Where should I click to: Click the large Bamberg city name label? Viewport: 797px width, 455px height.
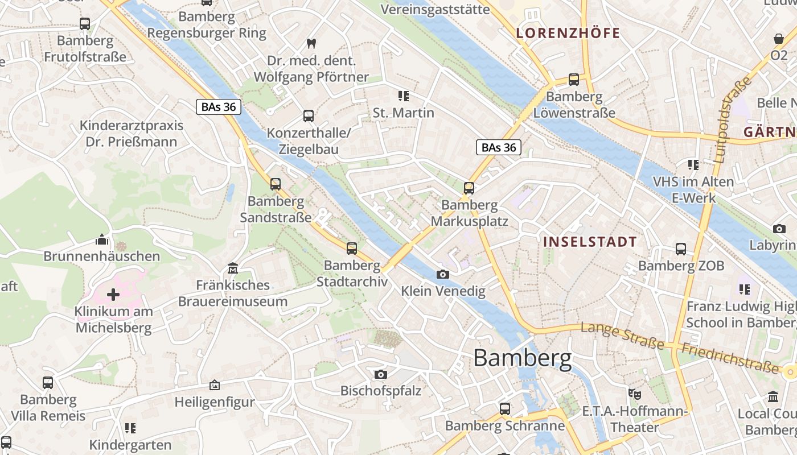coord(522,358)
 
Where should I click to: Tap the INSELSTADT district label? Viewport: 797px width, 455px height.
coord(590,242)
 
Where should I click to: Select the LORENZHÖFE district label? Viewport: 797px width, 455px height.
coord(568,33)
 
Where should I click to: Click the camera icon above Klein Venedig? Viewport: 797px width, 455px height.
coord(442,275)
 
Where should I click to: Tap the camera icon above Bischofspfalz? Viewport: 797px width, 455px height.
coord(381,374)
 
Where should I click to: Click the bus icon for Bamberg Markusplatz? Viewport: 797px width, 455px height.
coord(469,188)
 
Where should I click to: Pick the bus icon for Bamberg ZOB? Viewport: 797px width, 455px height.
coord(681,249)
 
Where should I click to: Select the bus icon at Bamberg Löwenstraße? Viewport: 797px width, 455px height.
coord(574,80)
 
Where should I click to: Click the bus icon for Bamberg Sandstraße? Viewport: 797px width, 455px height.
coord(276,184)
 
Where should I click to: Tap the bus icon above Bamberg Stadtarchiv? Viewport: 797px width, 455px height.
coord(352,249)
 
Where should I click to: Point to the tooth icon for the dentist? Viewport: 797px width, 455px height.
coord(311,43)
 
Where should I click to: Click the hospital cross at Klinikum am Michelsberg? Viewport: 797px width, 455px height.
coord(113,295)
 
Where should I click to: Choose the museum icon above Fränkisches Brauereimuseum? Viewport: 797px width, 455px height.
coord(233,268)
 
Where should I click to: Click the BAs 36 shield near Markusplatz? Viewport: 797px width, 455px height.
coord(499,148)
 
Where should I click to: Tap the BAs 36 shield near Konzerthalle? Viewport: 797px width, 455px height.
coord(219,106)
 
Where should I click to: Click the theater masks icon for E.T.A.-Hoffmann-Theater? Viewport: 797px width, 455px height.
coord(634,393)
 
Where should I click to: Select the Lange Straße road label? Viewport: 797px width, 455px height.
coord(622,336)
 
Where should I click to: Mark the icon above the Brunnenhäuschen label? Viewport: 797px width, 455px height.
coord(102,239)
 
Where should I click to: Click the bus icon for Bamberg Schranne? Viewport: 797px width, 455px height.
coord(505,409)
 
